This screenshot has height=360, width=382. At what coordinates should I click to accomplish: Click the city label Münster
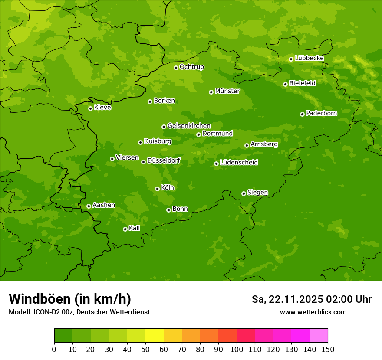pos(227,91)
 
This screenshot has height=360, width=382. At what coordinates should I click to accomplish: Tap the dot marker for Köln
pos(157,189)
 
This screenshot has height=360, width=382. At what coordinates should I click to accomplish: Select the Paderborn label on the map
pos(321,113)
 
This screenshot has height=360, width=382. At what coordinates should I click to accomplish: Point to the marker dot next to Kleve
pos(90,108)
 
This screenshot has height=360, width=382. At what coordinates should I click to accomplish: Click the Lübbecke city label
pos(309,58)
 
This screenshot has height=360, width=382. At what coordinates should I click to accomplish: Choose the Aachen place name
pos(104,205)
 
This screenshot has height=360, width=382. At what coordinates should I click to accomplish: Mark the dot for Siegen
pos(244,193)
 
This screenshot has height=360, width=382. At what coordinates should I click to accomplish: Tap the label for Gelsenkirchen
pos(189,126)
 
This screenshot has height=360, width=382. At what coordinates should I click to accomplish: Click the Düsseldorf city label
pos(164,160)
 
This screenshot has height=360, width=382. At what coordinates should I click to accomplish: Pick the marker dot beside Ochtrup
pos(176,68)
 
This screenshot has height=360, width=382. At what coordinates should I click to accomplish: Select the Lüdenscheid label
pos(239,163)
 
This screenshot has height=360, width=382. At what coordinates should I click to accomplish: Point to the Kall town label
pos(135,228)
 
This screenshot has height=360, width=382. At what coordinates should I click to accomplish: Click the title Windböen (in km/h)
pos(69,299)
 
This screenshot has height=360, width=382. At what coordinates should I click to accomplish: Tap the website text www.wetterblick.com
pos(313,312)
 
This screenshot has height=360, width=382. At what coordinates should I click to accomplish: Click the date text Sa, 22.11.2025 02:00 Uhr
pos(311,299)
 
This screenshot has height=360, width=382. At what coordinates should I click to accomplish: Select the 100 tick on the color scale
pos(236,349)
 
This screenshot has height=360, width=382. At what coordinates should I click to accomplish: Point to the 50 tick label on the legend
pos(145,349)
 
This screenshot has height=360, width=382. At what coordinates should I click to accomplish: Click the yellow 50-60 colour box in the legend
pos(154,336)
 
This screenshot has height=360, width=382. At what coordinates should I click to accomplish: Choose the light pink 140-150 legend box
pos(318,336)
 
